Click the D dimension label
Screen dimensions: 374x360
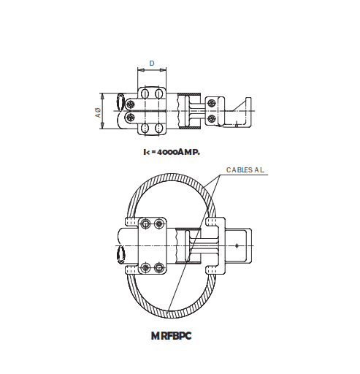coord(152,64)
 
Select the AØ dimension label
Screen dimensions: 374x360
coord(97,112)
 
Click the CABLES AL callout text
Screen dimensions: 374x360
coord(245,169)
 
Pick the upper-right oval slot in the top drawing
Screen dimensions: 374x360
coord(161,95)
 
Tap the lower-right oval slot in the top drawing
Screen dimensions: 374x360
coord(161,129)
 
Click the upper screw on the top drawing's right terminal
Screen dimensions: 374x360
coord(211,102)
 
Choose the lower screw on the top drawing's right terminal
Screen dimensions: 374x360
coord(211,118)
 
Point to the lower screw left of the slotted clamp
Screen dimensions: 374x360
coord(130,117)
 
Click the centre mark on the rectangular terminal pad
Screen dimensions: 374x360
coord(237,245)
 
